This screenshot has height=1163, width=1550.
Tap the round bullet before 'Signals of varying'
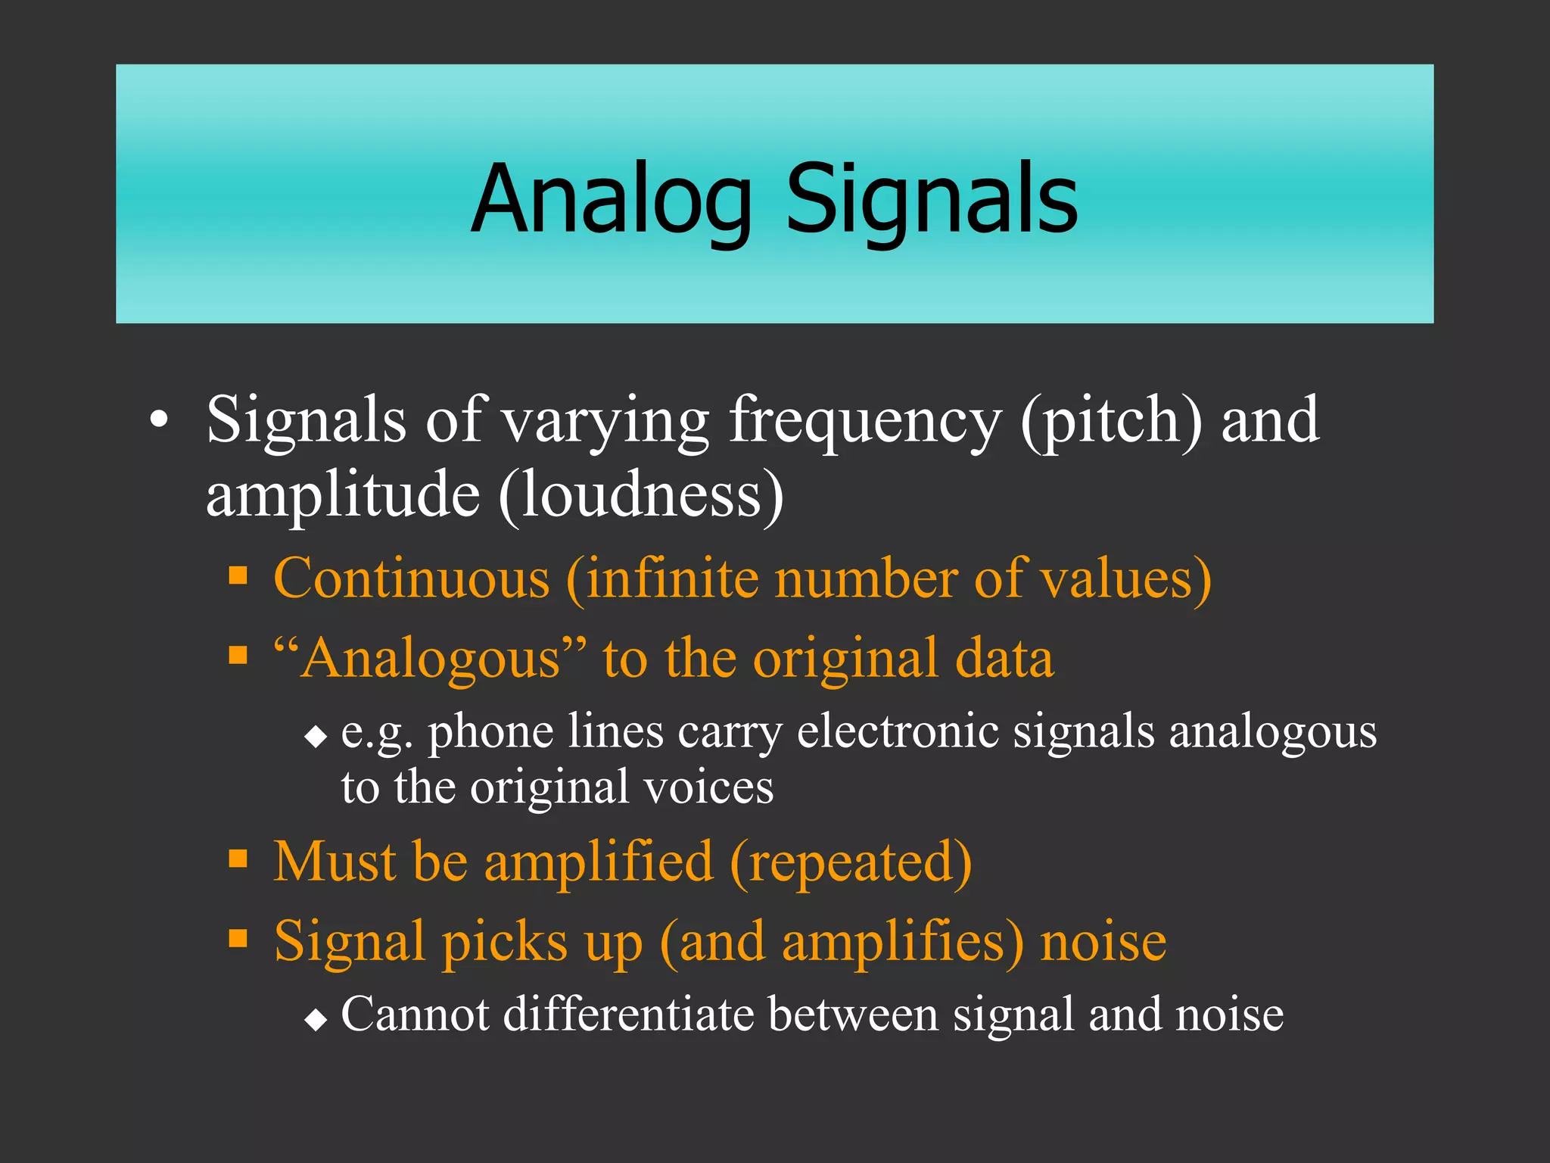158,420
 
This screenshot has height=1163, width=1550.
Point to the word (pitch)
1110,422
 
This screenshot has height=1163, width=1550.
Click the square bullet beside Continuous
238,576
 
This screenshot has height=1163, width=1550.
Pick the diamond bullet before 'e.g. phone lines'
316,736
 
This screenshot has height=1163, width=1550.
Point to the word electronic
898,733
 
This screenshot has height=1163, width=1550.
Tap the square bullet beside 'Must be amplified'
238,859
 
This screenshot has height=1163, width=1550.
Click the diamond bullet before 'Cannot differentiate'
316,1020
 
